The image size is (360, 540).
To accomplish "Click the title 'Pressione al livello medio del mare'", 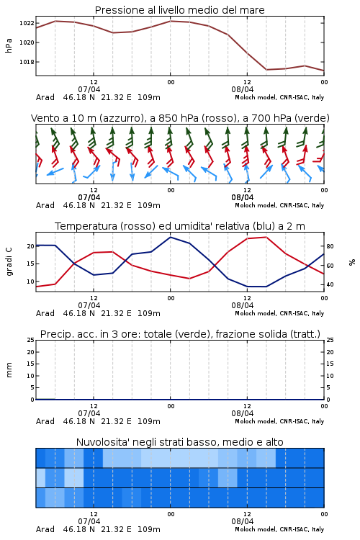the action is (x=179, y=10).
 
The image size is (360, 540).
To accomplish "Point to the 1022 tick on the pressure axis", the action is (x=27, y=23).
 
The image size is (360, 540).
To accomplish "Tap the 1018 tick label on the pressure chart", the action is (x=27, y=62).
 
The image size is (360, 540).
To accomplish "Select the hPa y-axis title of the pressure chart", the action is (x=9, y=45).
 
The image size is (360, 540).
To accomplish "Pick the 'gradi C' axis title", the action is (x=9, y=261).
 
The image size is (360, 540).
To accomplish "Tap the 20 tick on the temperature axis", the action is (x=31, y=246).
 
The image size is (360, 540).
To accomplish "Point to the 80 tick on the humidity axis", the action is (x=330, y=246).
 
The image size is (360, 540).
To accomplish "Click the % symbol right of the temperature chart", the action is (x=352, y=262).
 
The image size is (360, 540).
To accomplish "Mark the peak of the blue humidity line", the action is (x=170, y=237).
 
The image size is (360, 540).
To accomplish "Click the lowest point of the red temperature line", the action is (x=36, y=287).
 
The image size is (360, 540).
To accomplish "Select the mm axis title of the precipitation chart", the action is (x=9, y=369).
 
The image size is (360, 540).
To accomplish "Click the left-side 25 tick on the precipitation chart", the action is (x=31, y=340).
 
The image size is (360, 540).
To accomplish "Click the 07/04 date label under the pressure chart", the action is (x=89, y=89).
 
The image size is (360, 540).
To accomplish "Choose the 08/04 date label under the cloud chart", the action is (x=243, y=521).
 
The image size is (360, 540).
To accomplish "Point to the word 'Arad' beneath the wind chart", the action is (x=45, y=205).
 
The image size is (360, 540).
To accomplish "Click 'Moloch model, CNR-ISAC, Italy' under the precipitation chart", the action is (x=279, y=421).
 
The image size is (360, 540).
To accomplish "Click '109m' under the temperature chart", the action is (x=149, y=313).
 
